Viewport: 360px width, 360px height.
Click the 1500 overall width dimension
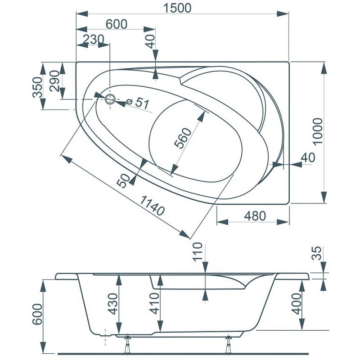pyautogui.click(x=177, y=8)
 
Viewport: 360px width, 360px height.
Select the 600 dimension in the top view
pyautogui.click(x=117, y=24)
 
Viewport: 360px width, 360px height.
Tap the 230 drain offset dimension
pyautogui.click(x=93, y=39)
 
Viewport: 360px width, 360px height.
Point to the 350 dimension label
pyautogui.click(x=37, y=87)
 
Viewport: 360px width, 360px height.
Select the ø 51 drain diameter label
pyautogui.click(x=138, y=103)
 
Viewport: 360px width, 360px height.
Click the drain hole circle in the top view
pyautogui.click(x=110, y=99)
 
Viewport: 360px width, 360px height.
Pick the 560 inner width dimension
pyautogui.click(x=183, y=138)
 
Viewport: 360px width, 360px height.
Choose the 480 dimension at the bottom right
pyautogui.click(x=255, y=216)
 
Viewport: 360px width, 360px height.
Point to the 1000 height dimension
pyautogui.click(x=318, y=131)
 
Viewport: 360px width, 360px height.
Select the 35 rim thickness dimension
pyautogui.click(x=317, y=253)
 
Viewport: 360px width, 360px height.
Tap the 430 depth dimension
pyautogui.click(x=113, y=304)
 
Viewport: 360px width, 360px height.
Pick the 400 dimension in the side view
pyautogui.click(x=297, y=304)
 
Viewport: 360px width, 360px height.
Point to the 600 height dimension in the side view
pyautogui.click(x=37, y=314)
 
